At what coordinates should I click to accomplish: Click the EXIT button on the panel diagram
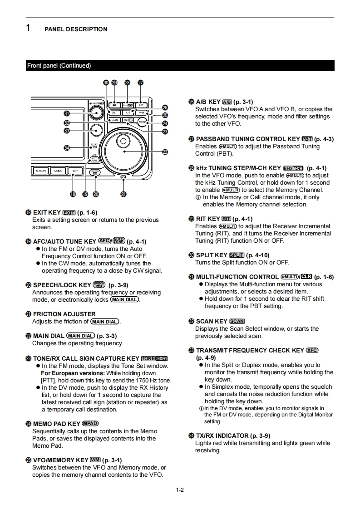[x=75, y=171]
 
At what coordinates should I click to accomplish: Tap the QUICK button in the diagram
[x=58, y=171]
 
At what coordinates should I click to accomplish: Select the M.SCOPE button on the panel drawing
[x=40, y=171]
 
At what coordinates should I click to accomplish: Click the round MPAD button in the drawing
[x=142, y=122]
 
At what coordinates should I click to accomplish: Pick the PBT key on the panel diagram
[x=141, y=105]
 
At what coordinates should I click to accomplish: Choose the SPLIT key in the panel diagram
[x=114, y=112]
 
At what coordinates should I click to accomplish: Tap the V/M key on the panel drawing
[x=141, y=112]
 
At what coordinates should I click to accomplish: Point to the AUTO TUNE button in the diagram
[x=94, y=159]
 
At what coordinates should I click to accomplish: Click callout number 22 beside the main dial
[x=165, y=152]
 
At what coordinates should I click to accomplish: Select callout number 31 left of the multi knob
[x=67, y=113]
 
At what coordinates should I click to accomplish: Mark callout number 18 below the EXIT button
[x=73, y=194]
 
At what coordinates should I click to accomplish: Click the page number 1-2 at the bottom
[x=180, y=489]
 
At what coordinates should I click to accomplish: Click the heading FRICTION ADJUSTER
[x=64, y=314]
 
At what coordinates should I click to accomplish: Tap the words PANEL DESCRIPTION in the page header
[x=76, y=29]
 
